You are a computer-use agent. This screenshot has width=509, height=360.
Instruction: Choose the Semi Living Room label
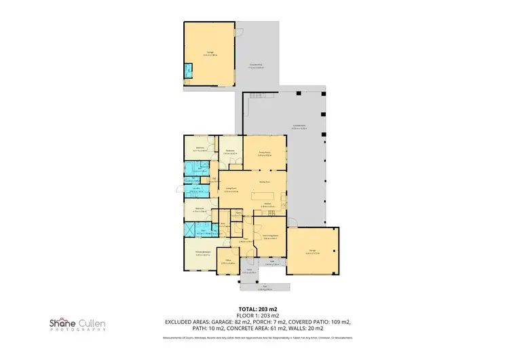pos(267,236)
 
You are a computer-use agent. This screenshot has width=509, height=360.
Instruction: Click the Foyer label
pos(240,239)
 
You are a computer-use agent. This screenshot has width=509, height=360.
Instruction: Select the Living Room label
pos(231,191)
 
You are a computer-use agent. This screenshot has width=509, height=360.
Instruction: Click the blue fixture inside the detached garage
pos(188,70)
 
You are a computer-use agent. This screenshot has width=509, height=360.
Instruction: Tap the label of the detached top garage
pos(210,54)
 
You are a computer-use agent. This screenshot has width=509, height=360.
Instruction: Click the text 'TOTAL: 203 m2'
pos(254,309)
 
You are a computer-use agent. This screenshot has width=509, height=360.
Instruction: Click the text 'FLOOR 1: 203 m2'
pos(254,316)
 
